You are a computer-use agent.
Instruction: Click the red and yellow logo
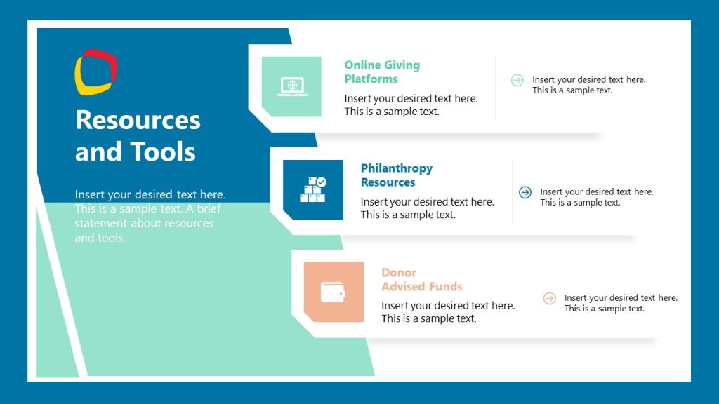pos(95,72)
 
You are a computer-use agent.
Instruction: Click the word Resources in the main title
pos(138,120)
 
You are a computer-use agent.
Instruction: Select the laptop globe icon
pos(291,86)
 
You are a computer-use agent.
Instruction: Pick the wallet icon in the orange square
pos(334,292)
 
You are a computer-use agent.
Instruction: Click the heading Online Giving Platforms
pos(381,72)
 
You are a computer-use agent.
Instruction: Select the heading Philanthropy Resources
pos(396,175)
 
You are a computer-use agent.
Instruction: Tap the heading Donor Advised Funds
pos(421,279)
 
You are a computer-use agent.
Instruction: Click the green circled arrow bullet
pos(517,80)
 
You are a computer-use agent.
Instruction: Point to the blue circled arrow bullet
pos(525,192)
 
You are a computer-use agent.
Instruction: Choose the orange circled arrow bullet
pos(550,298)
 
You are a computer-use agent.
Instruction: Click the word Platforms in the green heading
pos(371,79)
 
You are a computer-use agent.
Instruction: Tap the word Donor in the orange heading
pos(399,272)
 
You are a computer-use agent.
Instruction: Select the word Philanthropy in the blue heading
pos(396,168)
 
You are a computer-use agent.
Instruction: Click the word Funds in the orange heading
pos(447,286)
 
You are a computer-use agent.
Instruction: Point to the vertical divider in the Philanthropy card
pos(513,192)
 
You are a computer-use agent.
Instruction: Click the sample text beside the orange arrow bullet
pos(621,303)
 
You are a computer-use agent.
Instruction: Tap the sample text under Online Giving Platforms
pos(411,105)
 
